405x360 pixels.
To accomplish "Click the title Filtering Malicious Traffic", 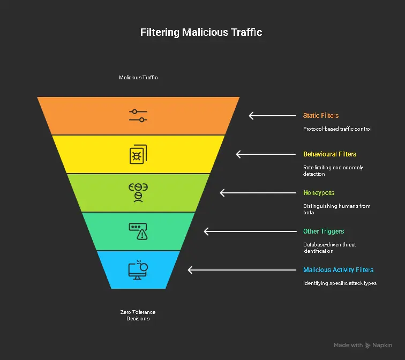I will click(x=201, y=32).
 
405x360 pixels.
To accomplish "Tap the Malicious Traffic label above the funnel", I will click(x=138, y=77).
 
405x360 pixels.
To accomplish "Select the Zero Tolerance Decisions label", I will click(x=138, y=315).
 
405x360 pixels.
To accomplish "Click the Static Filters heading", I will click(x=321, y=116).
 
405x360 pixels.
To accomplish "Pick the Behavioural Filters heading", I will click(x=329, y=154).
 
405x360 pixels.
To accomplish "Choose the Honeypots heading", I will click(x=319, y=193).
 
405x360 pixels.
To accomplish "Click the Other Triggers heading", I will click(x=324, y=231).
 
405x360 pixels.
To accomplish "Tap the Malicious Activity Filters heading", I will click(x=338, y=270).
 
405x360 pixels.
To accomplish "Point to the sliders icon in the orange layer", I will click(x=138, y=116).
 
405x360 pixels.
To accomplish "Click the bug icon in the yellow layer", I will click(x=138, y=154).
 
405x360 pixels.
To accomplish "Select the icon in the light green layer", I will click(x=138, y=192).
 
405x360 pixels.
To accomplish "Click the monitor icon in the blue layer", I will click(x=138, y=269).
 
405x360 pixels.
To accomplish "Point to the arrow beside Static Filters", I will click(x=272, y=116).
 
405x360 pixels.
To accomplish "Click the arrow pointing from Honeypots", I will click(x=243, y=193).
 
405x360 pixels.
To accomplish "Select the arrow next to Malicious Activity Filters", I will click(x=212, y=270).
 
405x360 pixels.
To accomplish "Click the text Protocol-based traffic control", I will click(x=337, y=129).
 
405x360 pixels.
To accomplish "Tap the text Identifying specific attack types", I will click(x=340, y=283).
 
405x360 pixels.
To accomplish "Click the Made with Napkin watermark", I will click(x=363, y=346).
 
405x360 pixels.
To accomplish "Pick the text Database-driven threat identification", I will click(x=329, y=247).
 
